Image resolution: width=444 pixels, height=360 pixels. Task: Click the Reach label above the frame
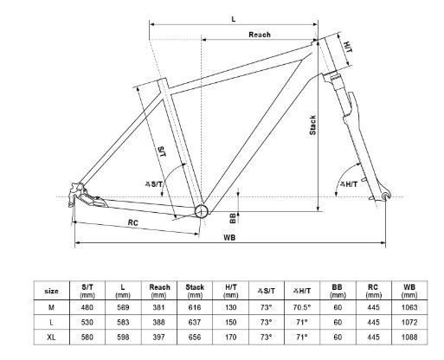[260, 35]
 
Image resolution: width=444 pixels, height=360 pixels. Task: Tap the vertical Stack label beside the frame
[312, 125]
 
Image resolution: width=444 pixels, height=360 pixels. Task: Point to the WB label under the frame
[229, 237]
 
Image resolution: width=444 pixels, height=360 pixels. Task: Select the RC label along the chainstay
[133, 222]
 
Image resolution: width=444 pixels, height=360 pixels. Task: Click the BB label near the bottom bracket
[233, 218]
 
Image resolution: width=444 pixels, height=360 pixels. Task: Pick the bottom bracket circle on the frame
[202, 211]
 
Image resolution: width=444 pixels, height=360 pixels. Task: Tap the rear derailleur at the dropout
[74, 194]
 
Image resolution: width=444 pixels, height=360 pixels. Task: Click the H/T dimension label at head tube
[349, 47]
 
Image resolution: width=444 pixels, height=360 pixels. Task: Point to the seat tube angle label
[154, 183]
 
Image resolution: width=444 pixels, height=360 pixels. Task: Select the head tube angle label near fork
[349, 184]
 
